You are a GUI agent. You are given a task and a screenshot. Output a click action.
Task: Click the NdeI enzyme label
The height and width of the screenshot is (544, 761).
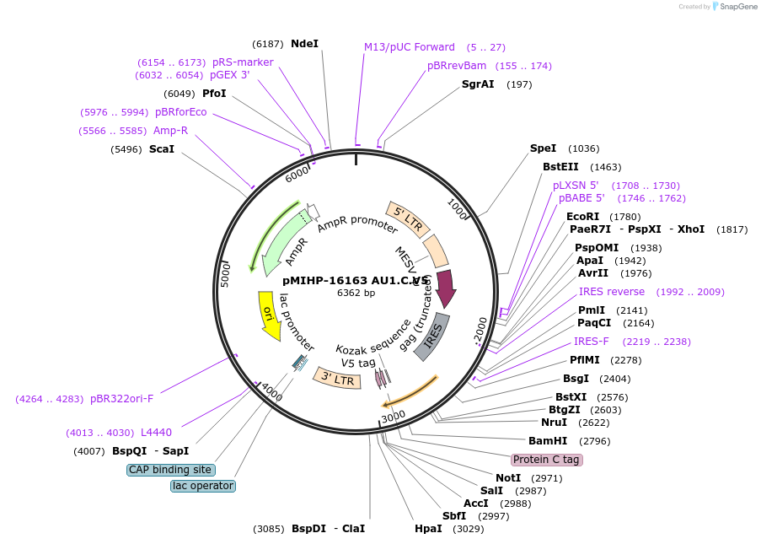[304, 43]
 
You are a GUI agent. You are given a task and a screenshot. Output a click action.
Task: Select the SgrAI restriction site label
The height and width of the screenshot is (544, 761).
[478, 83]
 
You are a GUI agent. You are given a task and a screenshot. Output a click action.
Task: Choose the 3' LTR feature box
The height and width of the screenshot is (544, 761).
[337, 377]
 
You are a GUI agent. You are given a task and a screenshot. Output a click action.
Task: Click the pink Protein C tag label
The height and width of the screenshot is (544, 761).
[546, 460]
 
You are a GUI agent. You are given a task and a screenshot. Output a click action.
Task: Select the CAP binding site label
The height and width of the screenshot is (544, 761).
[171, 470]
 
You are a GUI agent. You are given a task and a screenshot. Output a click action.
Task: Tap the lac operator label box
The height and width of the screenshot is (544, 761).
[202, 486]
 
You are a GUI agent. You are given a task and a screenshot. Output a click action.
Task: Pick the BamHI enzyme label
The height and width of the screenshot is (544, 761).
[548, 440]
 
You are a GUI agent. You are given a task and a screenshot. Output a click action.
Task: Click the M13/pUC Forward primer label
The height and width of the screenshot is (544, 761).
[410, 47]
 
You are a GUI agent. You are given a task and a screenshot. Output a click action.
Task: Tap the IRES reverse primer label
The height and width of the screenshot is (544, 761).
[611, 292]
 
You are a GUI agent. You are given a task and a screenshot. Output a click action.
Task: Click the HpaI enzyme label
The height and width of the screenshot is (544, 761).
[428, 528]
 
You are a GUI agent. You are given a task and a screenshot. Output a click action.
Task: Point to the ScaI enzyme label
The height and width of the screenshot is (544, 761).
[162, 149]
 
